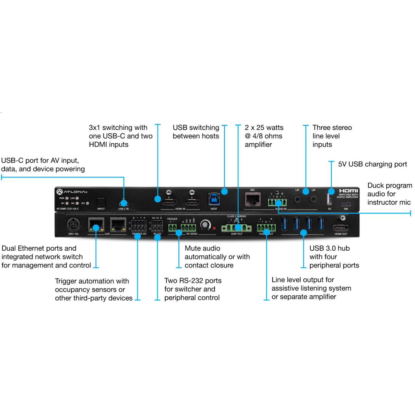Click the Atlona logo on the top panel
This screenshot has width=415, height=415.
72,192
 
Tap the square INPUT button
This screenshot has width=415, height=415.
101,202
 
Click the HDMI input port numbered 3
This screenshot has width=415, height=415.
192,203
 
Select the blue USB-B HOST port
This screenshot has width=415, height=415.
214,199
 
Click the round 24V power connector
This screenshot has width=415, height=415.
73,224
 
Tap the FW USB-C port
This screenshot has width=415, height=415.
346,205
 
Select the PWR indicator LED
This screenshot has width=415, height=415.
67,198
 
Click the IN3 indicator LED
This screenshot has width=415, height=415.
88,203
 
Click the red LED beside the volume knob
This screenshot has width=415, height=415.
214,228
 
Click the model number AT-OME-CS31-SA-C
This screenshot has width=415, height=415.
68,209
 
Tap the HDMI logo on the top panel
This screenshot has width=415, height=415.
349,191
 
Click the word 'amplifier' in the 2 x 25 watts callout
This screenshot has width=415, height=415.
258,145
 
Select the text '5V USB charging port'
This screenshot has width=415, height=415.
372,164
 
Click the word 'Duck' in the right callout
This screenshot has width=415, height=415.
376,185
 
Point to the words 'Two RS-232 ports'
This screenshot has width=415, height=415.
193,281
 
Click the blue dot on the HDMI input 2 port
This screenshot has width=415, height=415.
158,199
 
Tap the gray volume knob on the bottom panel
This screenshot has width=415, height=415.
205,224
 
